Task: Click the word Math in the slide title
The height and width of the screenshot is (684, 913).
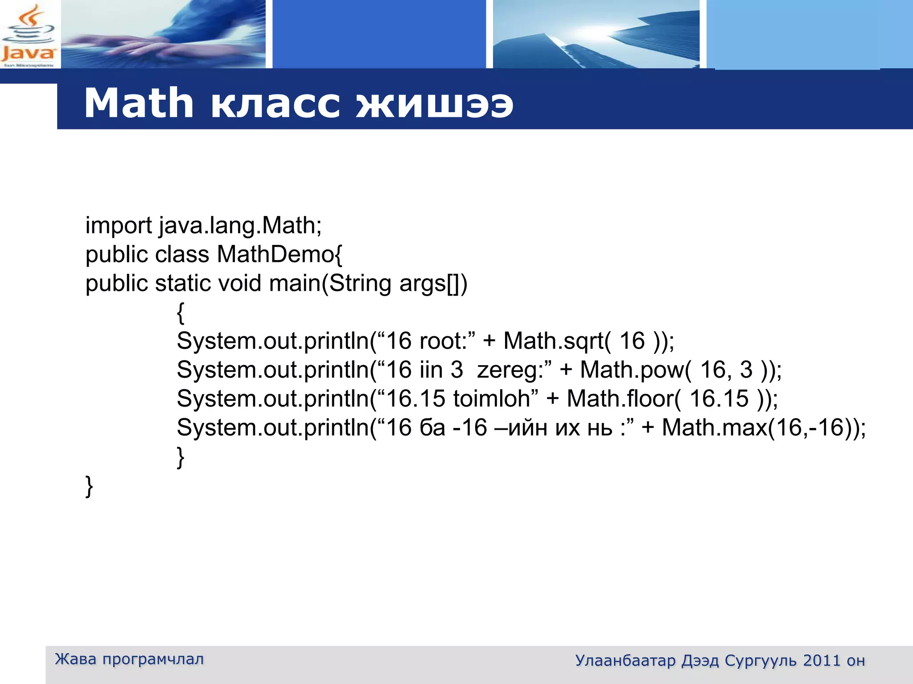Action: (x=139, y=103)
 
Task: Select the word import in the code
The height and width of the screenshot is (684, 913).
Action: (x=119, y=226)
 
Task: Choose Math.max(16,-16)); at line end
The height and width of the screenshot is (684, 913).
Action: (x=764, y=427)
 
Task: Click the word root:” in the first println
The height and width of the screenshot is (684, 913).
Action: (x=448, y=341)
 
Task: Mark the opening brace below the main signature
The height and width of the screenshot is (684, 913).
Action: (x=181, y=313)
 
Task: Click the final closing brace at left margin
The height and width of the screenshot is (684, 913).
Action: (x=89, y=486)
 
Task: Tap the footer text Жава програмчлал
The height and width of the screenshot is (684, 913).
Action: (x=129, y=659)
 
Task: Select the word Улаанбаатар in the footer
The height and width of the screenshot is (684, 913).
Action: (x=625, y=661)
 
